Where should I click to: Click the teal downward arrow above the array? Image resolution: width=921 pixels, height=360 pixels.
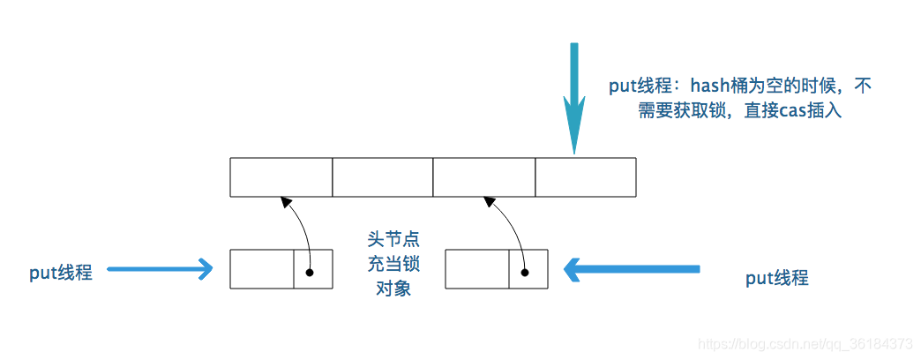[x=574, y=98]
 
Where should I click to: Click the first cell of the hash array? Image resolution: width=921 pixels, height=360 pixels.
[x=281, y=176]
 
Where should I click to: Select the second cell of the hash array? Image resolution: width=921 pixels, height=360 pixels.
[x=383, y=176]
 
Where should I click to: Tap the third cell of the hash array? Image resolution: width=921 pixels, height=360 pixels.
[x=484, y=176]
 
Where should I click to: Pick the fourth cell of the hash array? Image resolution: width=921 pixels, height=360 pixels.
[x=586, y=176]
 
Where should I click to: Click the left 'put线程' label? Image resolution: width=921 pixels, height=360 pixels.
[x=61, y=273]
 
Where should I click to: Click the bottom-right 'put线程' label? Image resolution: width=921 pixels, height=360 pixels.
[x=777, y=278]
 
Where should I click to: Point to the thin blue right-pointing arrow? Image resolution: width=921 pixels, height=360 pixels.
[x=160, y=270]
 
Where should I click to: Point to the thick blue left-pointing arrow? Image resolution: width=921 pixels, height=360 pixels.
[x=632, y=269]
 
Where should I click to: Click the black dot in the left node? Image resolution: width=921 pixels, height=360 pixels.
[x=310, y=273]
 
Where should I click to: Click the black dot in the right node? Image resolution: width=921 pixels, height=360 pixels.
[x=525, y=273]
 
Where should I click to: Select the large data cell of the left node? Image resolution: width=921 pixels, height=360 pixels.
[x=262, y=269]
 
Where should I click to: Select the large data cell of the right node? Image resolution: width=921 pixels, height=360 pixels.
[x=477, y=269]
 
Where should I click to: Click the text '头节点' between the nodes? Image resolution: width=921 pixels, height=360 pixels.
[x=393, y=240]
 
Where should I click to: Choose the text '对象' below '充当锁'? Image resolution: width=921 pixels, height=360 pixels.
[x=393, y=289]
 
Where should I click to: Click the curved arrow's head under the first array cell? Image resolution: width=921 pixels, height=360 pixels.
[x=286, y=202]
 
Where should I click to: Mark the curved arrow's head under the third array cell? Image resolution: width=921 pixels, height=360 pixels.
[x=490, y=202]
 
